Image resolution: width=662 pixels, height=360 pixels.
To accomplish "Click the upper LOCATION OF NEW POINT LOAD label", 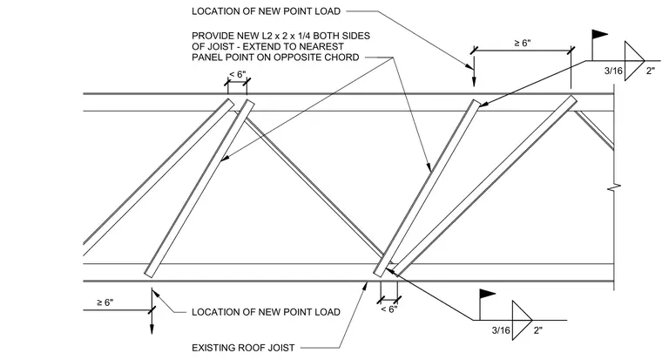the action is click(x=266, y=11).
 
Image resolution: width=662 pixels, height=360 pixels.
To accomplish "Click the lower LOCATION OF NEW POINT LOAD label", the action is click(x=266, y=312).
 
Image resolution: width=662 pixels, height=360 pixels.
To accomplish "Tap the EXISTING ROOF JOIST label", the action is click(x=243, y=348).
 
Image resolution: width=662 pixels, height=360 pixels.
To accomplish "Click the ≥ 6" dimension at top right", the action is click(x=523, y=43).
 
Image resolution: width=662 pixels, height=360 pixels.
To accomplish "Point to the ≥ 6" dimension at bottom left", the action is click(x=105, y=302).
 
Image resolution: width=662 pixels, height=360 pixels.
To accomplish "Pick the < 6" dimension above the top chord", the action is click(x=237, y=74).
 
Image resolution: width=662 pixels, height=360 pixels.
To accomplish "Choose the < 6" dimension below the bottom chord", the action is click(x=388, y=309).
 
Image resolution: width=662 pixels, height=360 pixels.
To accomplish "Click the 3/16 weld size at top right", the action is click(x=613, y=71).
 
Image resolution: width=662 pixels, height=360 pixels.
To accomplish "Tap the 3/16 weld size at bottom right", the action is click(x=501, y=330).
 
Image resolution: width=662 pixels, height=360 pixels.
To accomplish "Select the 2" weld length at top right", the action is click(x=651, y=71).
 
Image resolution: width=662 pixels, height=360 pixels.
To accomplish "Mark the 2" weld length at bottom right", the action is click(x=538, y=330).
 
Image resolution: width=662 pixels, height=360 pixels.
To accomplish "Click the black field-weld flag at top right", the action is click(x=599, y=35).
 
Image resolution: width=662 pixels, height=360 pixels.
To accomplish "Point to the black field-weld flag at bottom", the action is click(x=487, y=294).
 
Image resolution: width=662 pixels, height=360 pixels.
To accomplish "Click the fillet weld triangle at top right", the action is click(x=634, y=61).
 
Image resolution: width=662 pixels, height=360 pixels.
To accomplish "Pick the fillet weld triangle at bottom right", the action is click(x=523, y=320).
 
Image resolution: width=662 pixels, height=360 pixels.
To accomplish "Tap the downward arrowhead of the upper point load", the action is click(x=474, y=82).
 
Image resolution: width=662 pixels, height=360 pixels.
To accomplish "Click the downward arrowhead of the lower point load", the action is click(x=152, y=329).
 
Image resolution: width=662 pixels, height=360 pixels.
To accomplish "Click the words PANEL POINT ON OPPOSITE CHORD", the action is click(x=275, y=58).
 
